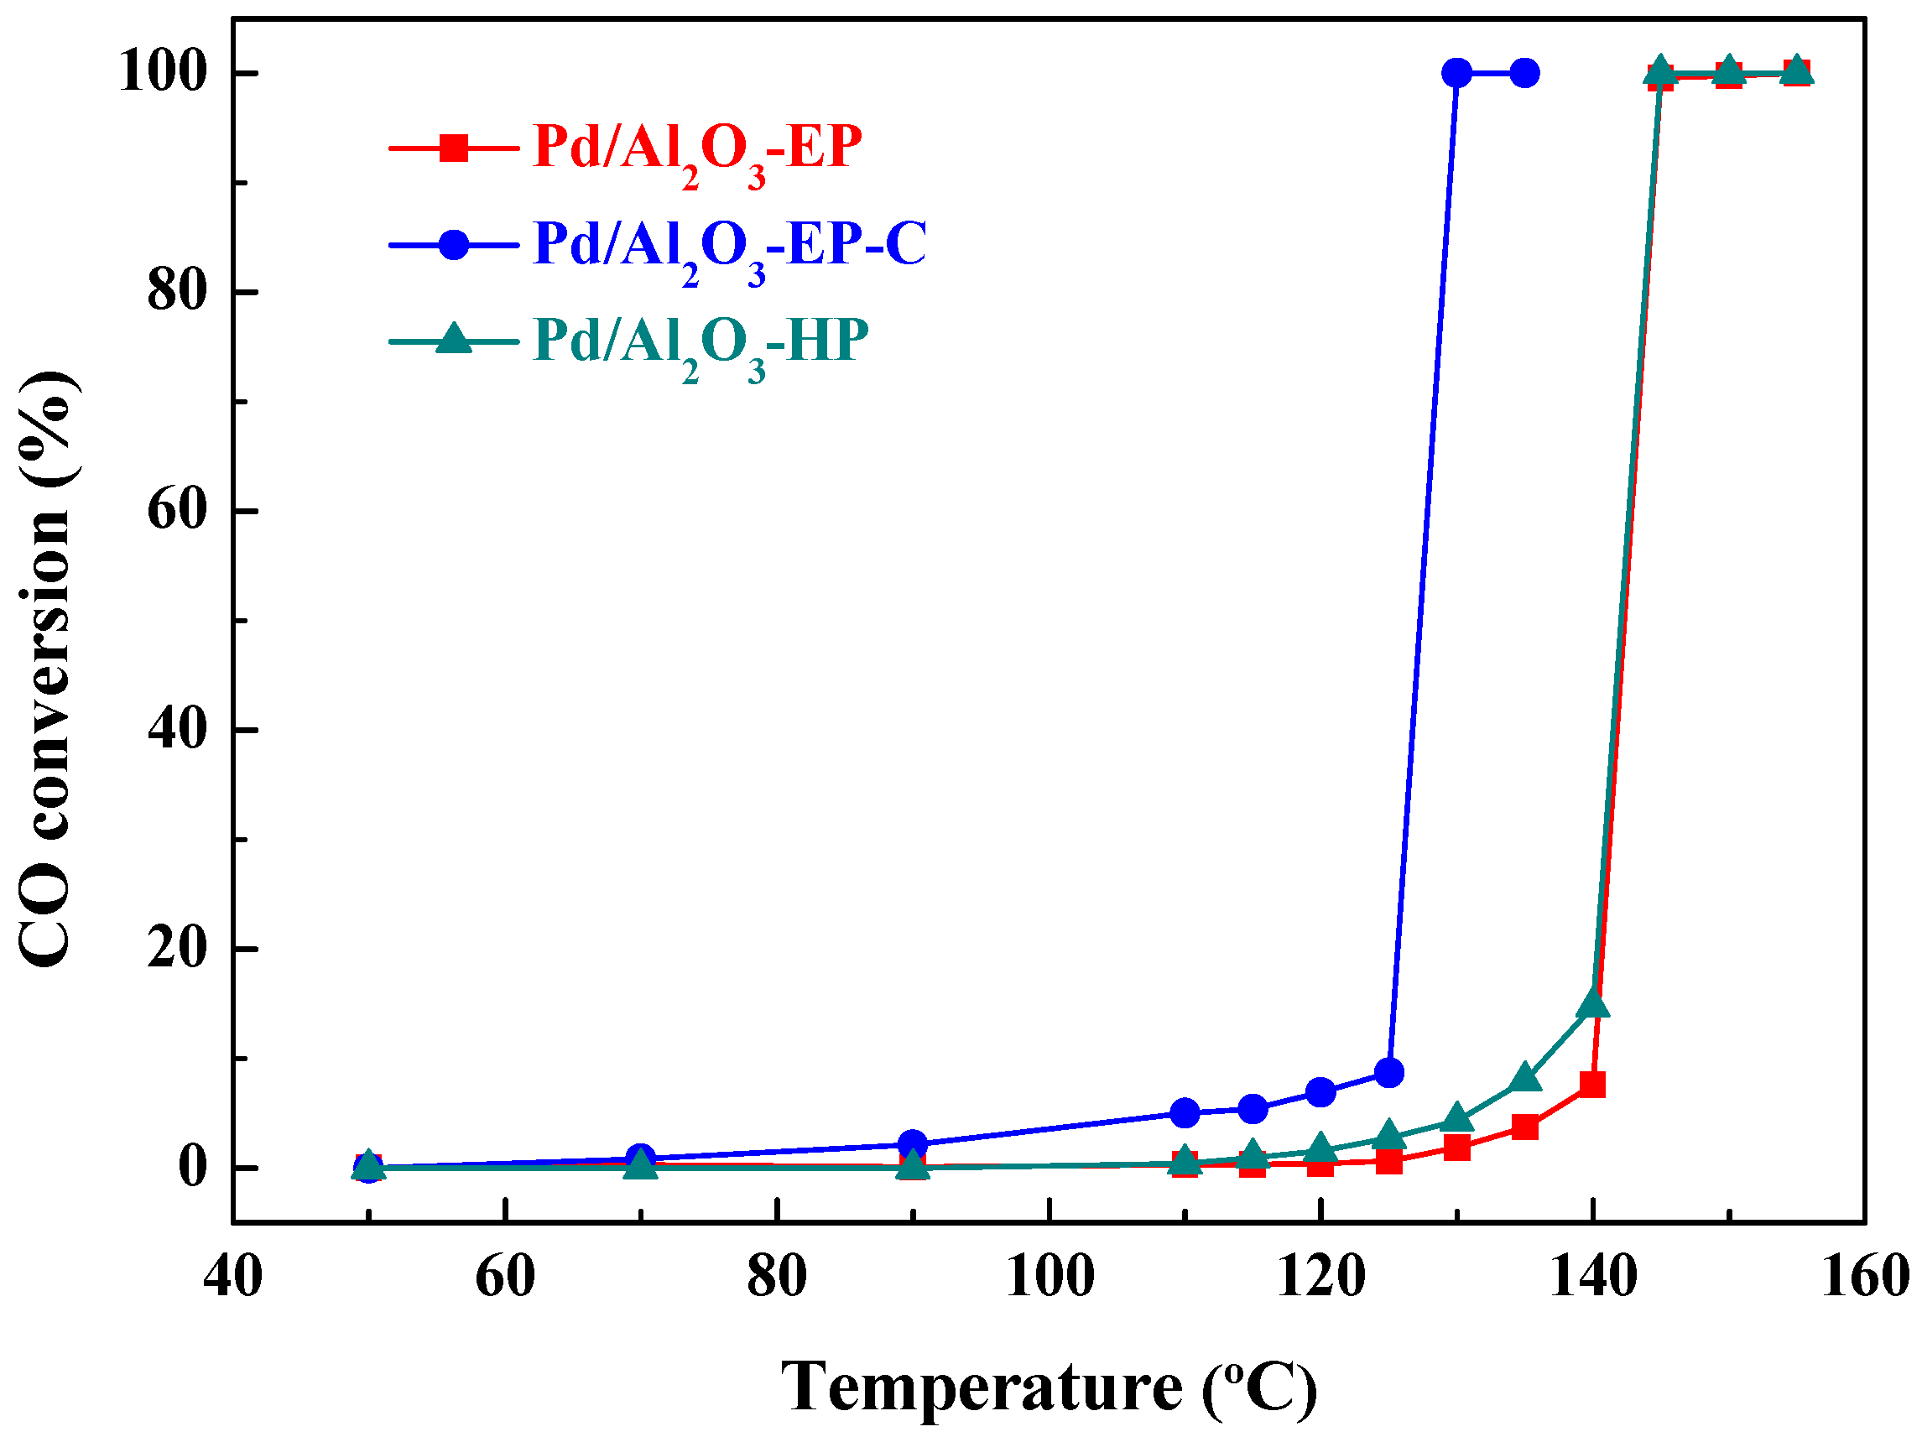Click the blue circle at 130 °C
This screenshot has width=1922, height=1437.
pos(1456,73)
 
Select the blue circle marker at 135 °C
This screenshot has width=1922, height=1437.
pos(1524,73)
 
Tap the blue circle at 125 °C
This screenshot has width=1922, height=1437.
pos(1388,1073)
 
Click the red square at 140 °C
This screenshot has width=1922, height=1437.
pos(1591,1085)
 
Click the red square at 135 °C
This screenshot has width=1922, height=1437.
pos(1525,1127)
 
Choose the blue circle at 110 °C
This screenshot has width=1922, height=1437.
pos(1185,1112)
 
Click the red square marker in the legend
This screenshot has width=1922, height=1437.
pos(454,148)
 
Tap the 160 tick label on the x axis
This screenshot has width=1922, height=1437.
pos(1865,1277)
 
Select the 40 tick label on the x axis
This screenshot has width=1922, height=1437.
pos(233,1277)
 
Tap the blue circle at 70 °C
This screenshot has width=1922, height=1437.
pos(640,1158)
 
